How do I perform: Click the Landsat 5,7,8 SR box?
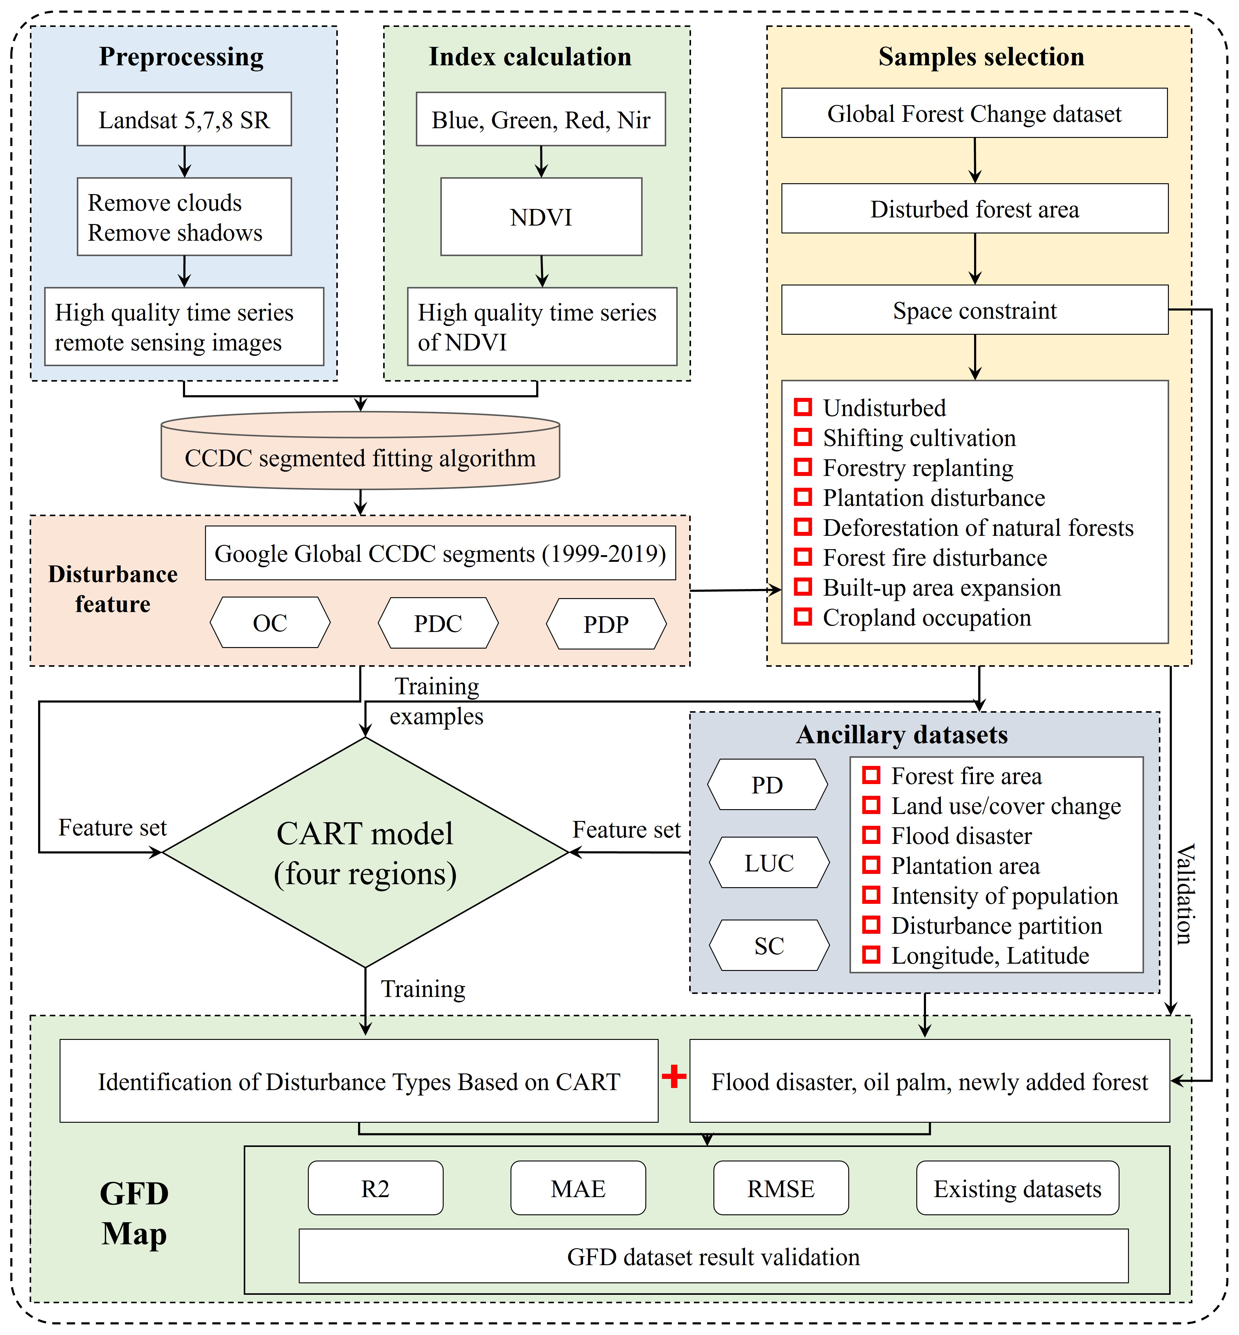tap(184, 119)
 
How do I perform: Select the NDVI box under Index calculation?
tap(541, 217)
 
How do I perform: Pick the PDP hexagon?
tap(606, 624)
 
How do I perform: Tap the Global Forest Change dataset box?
tap(974, 113)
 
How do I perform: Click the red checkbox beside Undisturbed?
tap(803, 407)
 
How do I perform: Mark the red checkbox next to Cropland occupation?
tap(803, 617)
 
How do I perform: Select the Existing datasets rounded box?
tap(1017, 1189)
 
